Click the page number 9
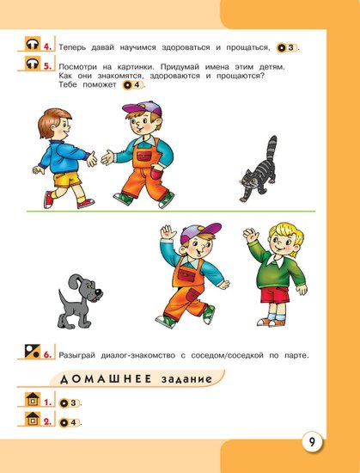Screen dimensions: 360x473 point(312,443)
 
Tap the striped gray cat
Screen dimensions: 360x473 point(259,169)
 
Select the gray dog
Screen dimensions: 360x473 point(80,302)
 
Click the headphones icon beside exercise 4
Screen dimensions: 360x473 point(33,44)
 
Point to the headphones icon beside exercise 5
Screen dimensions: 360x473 point(33,64)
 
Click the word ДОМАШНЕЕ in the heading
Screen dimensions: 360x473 point(106,379)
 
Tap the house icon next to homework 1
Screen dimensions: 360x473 point(33,399)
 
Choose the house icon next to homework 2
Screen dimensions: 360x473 point(33,419)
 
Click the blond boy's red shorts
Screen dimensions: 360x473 point(275,295)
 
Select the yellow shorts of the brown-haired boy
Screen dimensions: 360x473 point(67,180)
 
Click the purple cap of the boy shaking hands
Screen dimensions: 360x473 point(142,108)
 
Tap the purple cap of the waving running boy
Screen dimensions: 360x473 point(200,232)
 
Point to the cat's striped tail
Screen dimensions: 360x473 point(272,150)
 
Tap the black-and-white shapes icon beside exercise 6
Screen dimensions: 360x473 point(33,351)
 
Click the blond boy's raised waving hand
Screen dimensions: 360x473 point(251,235)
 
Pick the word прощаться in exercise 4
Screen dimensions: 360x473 point(248,47)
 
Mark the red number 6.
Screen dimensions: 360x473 point(47,354)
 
